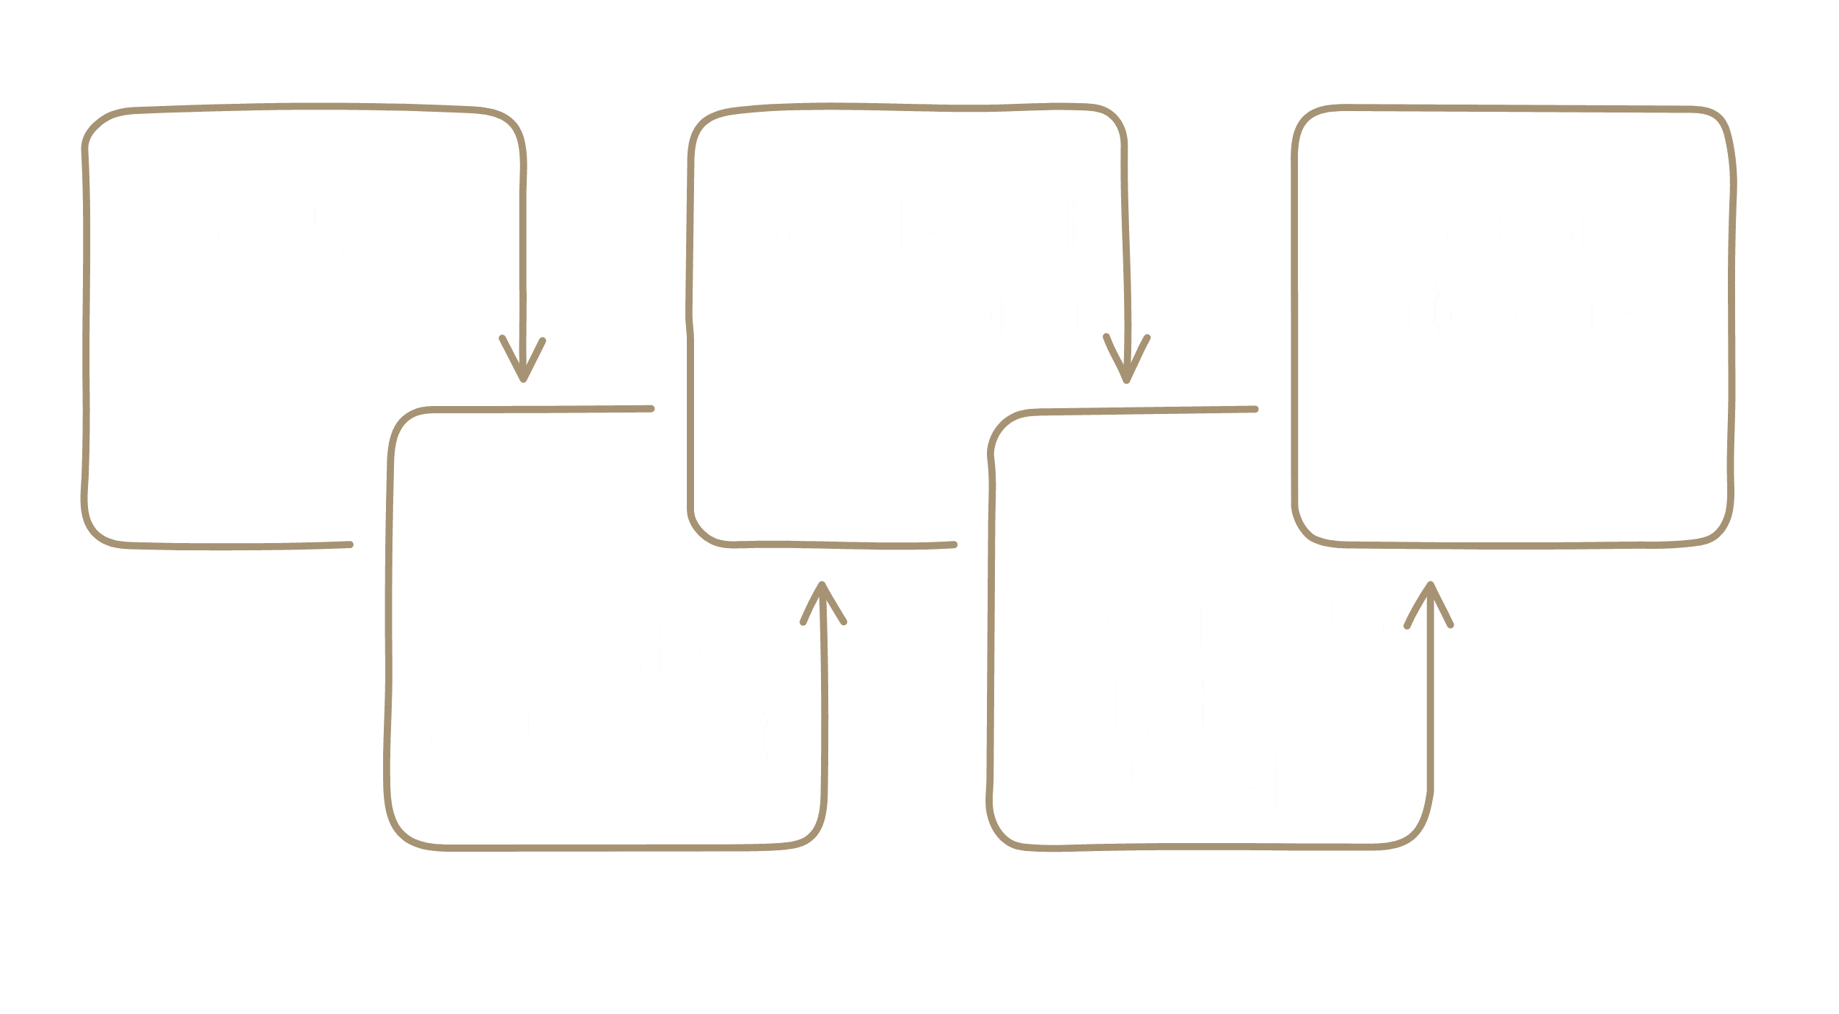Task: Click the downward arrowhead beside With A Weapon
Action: (x=1126, y=359)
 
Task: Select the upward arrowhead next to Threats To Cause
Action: (x=1429, y=604)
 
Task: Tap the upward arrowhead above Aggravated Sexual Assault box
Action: (x=822, y=603)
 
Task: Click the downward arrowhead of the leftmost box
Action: (x=522, y=358)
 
